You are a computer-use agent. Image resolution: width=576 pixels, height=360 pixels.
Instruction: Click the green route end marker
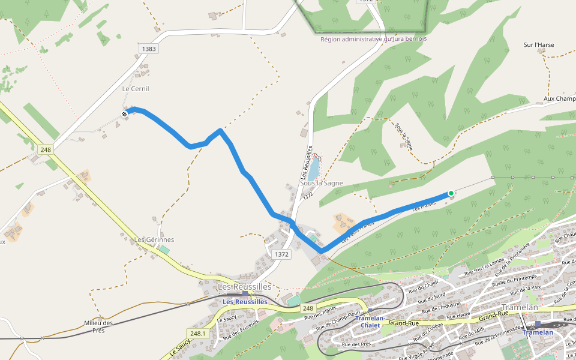click(x=451, y=193)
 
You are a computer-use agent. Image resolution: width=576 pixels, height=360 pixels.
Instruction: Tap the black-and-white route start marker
click(x=124, y=113)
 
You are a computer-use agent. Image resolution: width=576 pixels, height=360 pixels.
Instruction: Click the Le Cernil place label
click(x=136, y=89)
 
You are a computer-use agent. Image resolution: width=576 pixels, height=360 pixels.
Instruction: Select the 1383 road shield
click(x=149, y=48)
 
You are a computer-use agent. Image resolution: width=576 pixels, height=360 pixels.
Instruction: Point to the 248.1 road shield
click(x=197, y=333)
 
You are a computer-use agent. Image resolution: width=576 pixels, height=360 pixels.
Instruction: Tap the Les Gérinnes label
click(x=154, y=240)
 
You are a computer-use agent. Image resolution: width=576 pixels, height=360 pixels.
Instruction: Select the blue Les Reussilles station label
click(x=245, y=302)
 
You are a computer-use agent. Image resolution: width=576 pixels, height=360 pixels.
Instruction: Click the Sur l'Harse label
click(x=539, y=45)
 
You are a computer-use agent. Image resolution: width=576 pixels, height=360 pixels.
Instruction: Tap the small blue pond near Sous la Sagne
click(x=314, y=170)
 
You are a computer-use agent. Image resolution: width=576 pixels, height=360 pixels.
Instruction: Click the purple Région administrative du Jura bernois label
click(x=374, y=39)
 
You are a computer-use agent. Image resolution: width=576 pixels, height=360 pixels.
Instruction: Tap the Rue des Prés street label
click(x=356, y=344)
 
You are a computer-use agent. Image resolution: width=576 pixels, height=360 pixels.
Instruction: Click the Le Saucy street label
click(x=227, y=319)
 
